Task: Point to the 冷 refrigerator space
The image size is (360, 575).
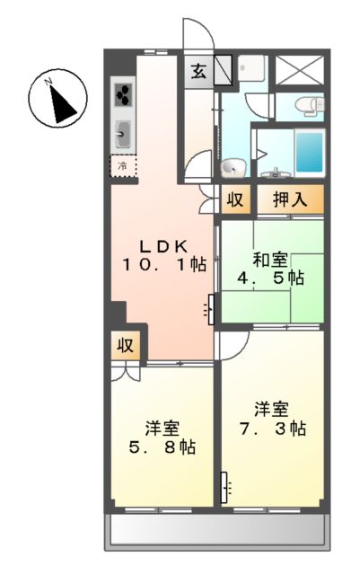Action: click(x=123, y=165)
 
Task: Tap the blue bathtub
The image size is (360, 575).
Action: click(x=310, y=151)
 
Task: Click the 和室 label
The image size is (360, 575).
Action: click(x=270, y=261)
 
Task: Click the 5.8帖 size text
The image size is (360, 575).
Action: click(x=162, y=445)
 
